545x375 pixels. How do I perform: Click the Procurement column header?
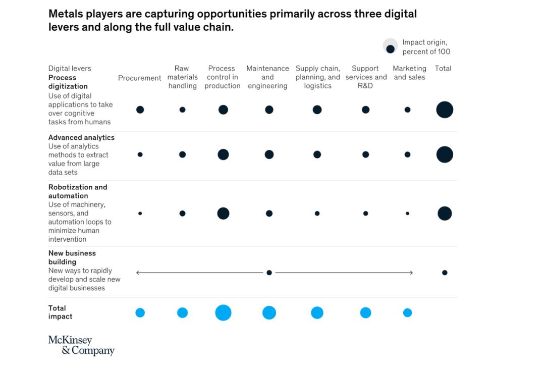pyautogui.click(x=139, y=78)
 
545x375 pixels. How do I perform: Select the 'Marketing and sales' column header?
pyautogui.click(x=409, y=73)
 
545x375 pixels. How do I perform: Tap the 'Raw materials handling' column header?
pyautogui.click(x=182, y=77)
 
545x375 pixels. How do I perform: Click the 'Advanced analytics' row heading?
pyautogui.click(x=81, y=138)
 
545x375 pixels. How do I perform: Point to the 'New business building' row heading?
pyautogui.click(x=72, y=257)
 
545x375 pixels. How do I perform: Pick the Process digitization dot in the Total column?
pyautogui.click(x=445, y=110)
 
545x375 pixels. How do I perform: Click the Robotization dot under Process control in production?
pyautogui.click(x=223, y=213)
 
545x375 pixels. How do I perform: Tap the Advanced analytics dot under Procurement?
pyautogui.click(x=140, y=154)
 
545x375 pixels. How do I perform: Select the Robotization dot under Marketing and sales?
pyautogui.click(x=407, y=213)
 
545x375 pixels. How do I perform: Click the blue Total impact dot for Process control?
pyautogui.click(x=223, y=313)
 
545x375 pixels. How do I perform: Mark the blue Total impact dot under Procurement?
pyautogui.click(x=140, y=313)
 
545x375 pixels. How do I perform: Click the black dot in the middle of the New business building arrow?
pyautogui.click(x=269, y=273)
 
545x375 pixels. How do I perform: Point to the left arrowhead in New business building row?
pyautogui.click(x=137, y=273)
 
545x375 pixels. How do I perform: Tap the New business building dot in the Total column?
pyautogui.click(x=445, y=273)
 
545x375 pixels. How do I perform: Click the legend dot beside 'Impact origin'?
pyautogui.click(x=390, y=49)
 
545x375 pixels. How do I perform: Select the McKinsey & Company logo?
pyautogui.click(x=81, y=345)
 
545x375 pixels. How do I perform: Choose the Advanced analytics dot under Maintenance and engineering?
pyautogui.click(x=269, y=154)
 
